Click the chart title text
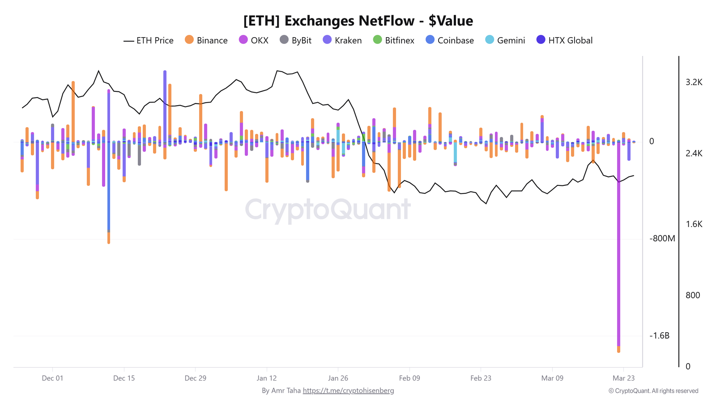[358, 21]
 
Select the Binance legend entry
[206, 40]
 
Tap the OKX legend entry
[254, 40]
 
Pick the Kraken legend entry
[342, 40]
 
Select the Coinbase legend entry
[450, 40]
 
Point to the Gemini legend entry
[505, 40]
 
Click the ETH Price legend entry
[149, 40]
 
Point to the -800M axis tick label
[662, 239]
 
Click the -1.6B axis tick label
[659, 336]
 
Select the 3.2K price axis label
[694, 82]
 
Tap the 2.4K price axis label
[694, 153]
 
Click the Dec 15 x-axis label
[124, 378]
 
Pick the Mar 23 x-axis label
[623, 378]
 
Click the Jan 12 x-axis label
[267, 378]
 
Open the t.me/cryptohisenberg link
[348, 390]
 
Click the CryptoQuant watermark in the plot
[328, 210]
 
